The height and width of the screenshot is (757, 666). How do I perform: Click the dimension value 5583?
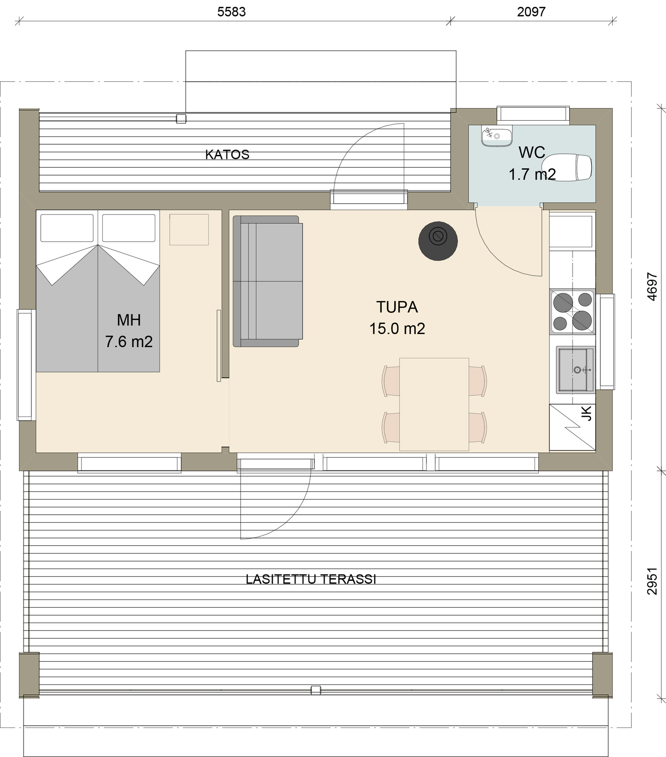tap(231, 12)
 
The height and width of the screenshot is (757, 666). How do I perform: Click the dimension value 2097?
tap(531, 12)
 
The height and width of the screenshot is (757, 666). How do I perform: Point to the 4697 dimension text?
tap(652, 287)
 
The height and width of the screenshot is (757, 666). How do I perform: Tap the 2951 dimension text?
tap(652, 581)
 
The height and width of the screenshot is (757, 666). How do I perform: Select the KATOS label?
tap(227, 154)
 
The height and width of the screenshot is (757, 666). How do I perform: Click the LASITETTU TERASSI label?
tap(310, 579)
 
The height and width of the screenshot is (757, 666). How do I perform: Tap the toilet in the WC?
tap(568, 167)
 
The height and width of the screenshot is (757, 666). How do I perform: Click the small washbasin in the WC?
tap(496, 136)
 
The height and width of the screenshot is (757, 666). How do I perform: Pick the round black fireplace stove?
tap(438, 241)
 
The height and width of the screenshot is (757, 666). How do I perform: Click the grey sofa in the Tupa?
tap(268, 281)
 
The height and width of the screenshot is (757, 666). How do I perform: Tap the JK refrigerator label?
tap(586, 413)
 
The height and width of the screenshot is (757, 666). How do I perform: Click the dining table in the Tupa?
tap(434, 404)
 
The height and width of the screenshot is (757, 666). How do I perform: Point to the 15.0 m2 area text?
tap(397, 329)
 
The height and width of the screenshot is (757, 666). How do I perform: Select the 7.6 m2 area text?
tap(129, 342)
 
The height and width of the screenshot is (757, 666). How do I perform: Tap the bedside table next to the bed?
tap(189, 229)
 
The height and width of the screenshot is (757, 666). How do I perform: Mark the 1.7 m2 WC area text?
tap(532, 175)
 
